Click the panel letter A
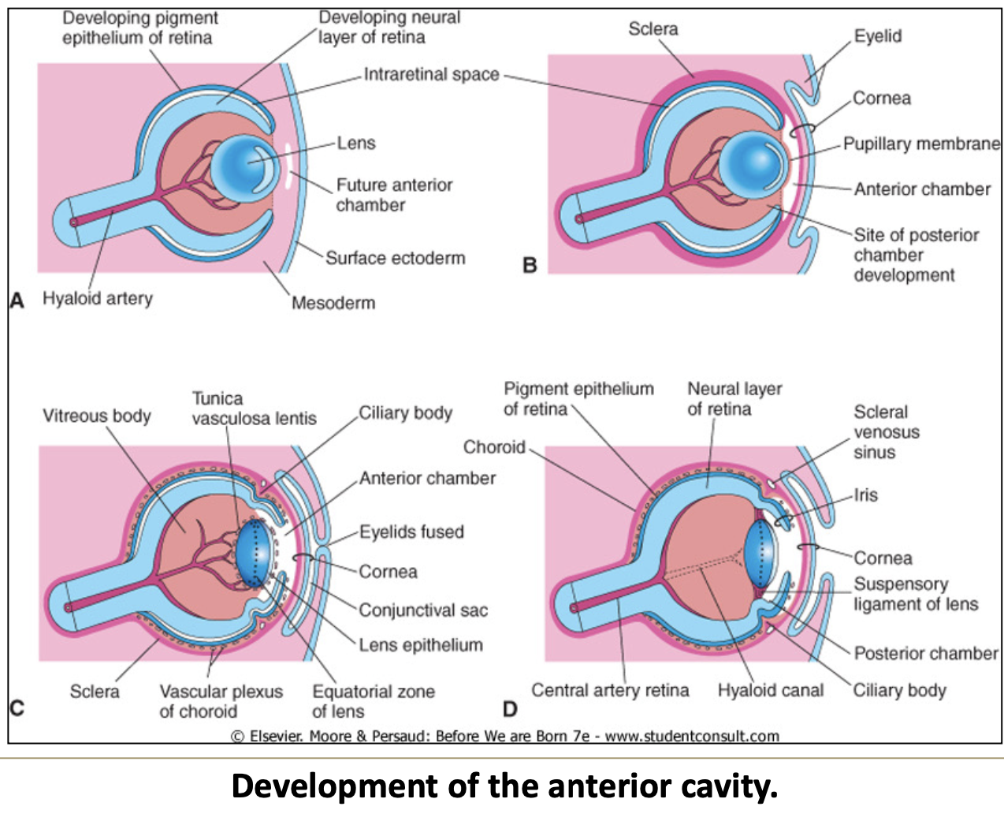click(17, 301)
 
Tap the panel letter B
click(530, 265)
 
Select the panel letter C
click(17, 707)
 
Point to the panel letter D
click(510, 709)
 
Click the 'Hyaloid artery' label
click(98, 298)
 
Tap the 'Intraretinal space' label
click(431, 75)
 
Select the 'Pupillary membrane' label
click(920, 144)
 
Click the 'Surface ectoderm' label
click(396, 258)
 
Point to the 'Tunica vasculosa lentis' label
click(254, 409)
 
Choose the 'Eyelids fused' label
click(411, 532)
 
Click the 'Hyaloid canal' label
click(770, 690)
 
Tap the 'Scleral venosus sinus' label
click(886, 432)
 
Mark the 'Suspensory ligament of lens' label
click(916, 594)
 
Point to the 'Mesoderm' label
click(333, 303)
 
